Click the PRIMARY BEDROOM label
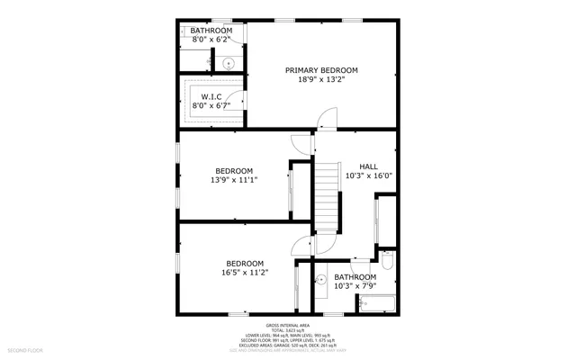(321, 70)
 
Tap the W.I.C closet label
(211, 96)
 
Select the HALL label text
(368, 166)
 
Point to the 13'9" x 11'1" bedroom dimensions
(233, 180)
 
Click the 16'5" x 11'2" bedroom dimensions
(244, 272)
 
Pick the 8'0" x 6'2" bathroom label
(211, 40)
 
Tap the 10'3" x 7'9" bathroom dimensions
(355, 286)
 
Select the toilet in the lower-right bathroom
(388, 261)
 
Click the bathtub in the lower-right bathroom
(378, 304)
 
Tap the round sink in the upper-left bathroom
(229, 63)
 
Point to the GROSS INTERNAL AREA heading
(287, 325)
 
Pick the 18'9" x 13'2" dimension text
(321, 80)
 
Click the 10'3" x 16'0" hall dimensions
(368, 176)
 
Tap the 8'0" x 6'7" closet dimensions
(211, 106)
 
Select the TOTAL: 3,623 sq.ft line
(287, 330)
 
